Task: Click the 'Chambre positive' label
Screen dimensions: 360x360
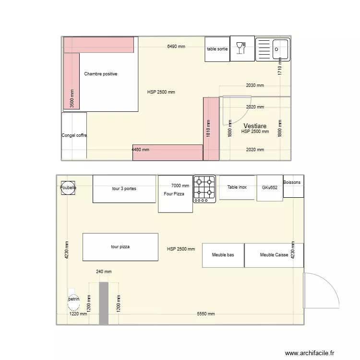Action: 100,74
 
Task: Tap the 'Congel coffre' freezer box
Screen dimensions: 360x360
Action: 74,136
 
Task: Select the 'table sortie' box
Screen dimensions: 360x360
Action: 217,49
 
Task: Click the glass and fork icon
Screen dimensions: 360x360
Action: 242,49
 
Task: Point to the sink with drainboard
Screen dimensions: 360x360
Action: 272,49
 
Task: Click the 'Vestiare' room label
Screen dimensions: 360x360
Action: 255,126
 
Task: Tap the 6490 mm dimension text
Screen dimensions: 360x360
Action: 176,47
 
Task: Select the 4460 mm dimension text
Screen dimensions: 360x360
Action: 140,150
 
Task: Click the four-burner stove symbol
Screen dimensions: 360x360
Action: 204,188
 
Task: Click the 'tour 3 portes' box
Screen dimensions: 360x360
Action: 124,189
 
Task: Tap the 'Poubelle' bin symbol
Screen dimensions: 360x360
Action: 68,188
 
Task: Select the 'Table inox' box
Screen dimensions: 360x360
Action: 237,187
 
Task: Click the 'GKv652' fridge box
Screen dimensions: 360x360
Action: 269,188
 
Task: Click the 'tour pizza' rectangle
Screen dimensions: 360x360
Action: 120,247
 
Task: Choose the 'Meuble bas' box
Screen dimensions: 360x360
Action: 223,255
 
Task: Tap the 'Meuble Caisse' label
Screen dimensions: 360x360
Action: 274,255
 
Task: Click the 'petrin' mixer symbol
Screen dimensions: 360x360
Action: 73,299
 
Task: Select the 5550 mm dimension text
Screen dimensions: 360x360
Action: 205,314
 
